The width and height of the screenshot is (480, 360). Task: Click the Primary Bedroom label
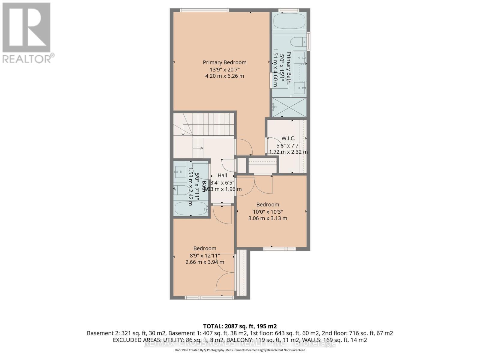coord(224,62)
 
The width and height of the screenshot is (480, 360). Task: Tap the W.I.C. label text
coord(288,138)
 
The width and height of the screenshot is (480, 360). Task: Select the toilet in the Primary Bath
coord(298,41)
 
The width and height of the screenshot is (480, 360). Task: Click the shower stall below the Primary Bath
coord(289,107)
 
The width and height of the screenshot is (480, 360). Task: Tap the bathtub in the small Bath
coord(191,208)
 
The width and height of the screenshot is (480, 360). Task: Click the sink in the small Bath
coord(181,172)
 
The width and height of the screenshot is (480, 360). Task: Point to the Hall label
coord(222,175)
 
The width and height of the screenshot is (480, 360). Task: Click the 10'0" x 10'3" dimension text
coord(268,211)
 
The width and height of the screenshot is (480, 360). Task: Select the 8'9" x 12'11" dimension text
coord(205,256)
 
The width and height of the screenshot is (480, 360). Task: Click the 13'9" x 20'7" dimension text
coord(224,70)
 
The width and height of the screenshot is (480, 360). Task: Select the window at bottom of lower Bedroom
coord(209,298)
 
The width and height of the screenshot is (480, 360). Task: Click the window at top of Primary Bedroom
coord(204,10)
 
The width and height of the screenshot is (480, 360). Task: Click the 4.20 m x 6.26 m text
coord(224,76)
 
